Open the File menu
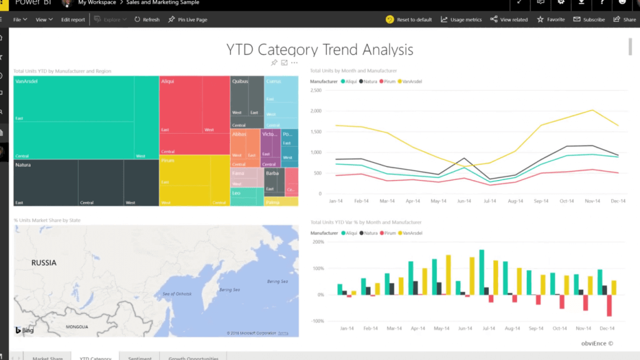pos(20,19)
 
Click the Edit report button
pos(73,19)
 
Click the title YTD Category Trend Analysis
pos(319,49)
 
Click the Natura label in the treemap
pos(23,165)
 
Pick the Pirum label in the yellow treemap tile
pos(167,161)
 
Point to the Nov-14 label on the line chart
pos(592,202)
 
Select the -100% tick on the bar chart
pos(317,321)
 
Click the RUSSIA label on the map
pos(44,263)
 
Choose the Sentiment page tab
pos(139,358)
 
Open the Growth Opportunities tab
pos(193,358)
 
